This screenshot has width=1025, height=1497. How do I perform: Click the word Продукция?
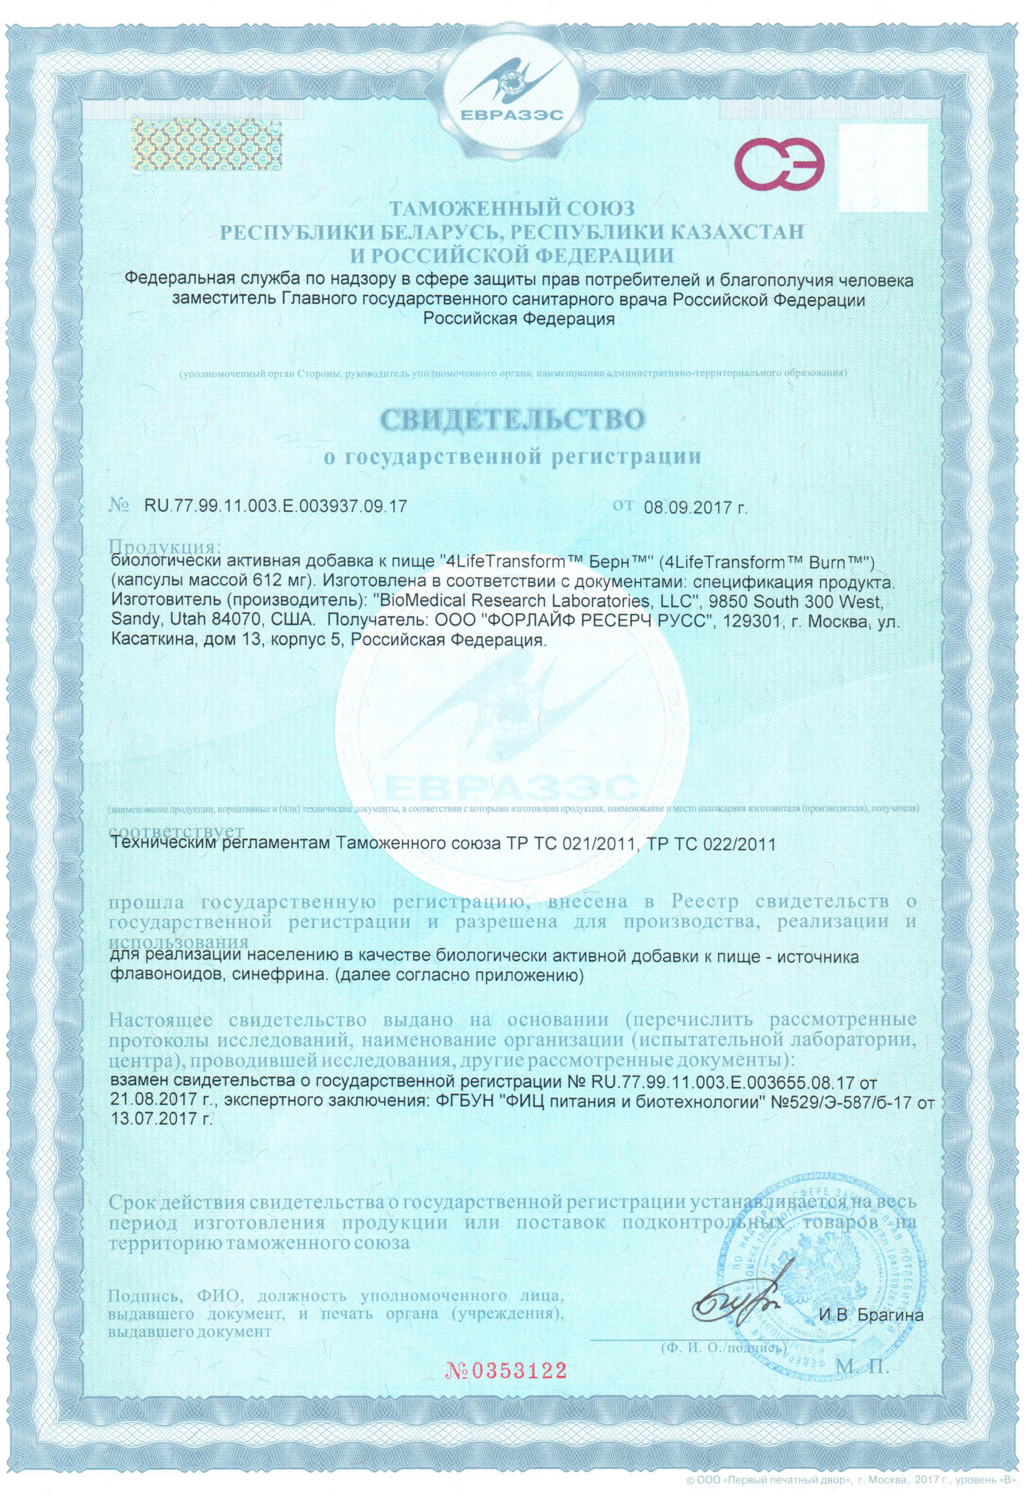166,546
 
